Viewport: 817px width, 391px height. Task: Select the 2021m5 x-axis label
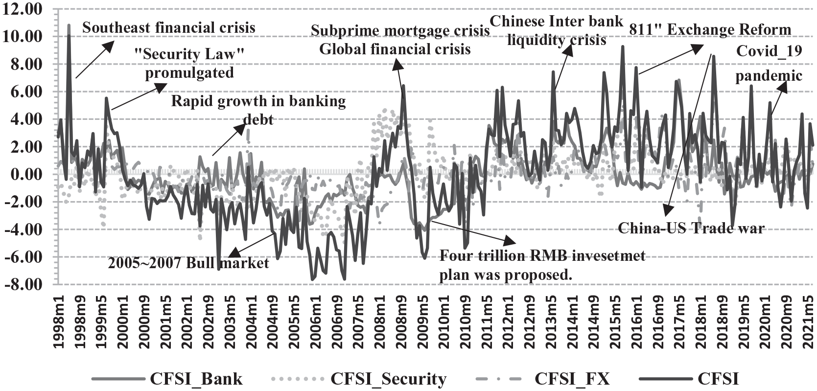point(810,318)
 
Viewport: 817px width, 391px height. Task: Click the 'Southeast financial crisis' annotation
point(168,27)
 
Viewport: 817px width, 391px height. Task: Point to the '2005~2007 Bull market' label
point(188,263)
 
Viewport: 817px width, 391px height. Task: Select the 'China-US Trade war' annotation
point(691,228)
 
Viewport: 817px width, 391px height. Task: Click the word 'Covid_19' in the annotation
point(770,51)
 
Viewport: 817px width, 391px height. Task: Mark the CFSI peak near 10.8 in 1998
point(69,25)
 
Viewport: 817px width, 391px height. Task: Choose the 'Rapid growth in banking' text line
point(258,101)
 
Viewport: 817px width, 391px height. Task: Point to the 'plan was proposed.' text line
point(506,275)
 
